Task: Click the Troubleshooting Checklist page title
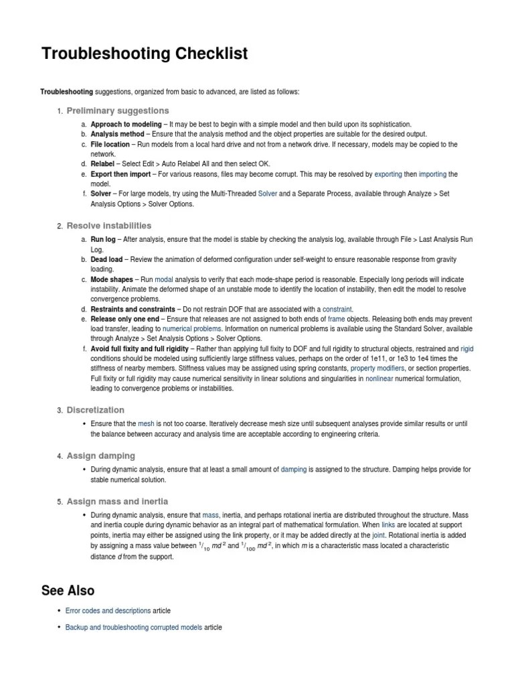point(144,54)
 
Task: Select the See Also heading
point(68,590)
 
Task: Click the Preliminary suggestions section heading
point(118,111)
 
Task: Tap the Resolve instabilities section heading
point(109,226)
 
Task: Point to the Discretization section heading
point(96,410)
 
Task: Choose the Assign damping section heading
point(101,456)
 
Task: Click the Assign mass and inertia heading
point(117,501)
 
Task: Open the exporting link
point(388,174)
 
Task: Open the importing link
point(432,174)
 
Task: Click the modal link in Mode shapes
point(164,279)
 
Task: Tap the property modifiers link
point(377,368)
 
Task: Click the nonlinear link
point(379,379)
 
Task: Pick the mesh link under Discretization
point(146,424)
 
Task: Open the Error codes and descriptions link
point(108,611)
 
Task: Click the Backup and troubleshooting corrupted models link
point(133,628)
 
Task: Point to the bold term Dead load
point(106,259)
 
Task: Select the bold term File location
point(110,144)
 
